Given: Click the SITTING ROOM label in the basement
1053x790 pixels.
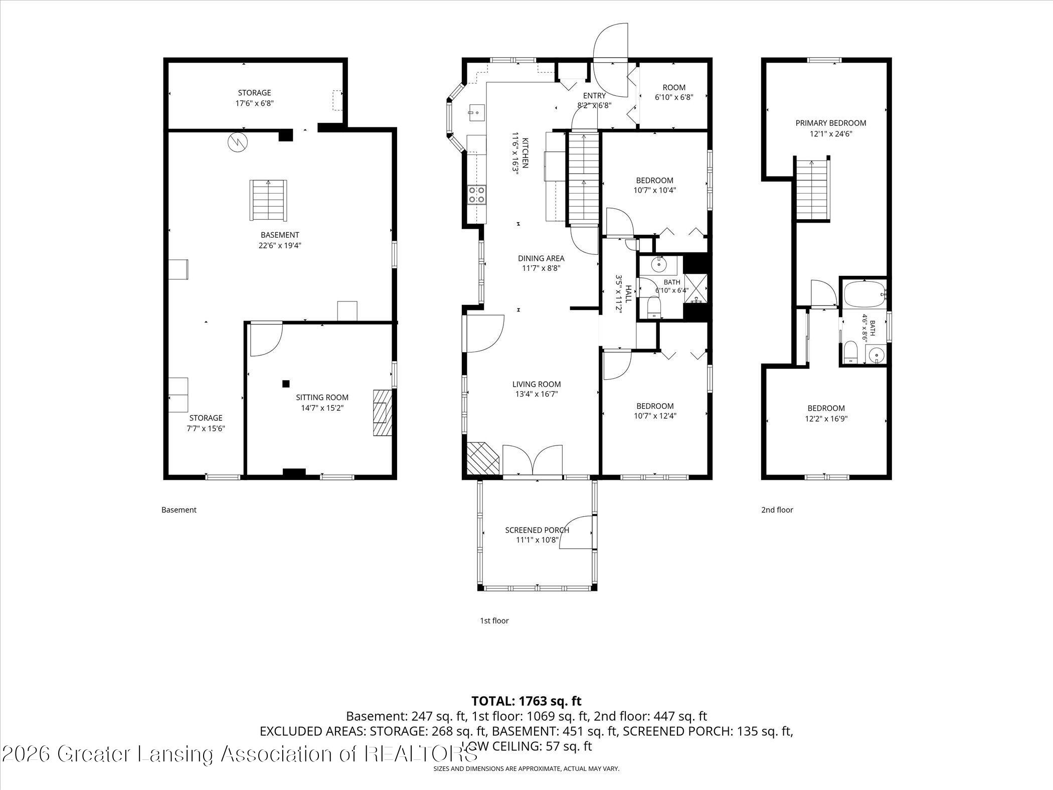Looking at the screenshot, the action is [x=322, y=397].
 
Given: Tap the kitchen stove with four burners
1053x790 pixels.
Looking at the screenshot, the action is [x=477, y=195].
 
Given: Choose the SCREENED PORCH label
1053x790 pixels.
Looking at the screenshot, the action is [x=537, y=530].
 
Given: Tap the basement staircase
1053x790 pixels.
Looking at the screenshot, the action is [x=268, y=200].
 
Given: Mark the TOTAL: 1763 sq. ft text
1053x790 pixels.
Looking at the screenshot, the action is [x=526, y=701].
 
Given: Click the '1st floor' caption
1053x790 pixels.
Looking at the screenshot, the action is [x=494, y=620].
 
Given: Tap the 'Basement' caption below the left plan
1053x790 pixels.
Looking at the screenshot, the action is [x=179, y=510].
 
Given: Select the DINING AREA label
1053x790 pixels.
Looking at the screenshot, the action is [x=541, y=258].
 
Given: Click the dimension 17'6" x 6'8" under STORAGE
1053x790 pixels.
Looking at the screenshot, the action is [x=255, y=103].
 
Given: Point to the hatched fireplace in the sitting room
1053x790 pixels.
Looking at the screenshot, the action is [x=382, y=412].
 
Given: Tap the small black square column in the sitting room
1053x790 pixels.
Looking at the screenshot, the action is [x=286, y=384].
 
